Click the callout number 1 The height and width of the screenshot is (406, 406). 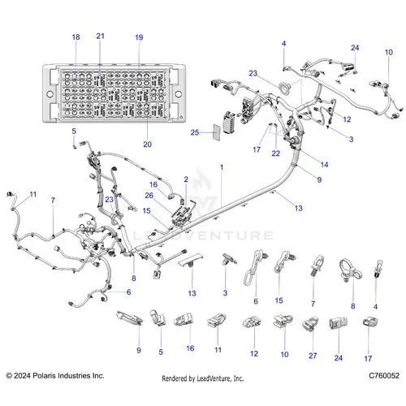coord(222,167)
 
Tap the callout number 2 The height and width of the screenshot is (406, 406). coord(186,179)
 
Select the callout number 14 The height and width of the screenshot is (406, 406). coord(324,165)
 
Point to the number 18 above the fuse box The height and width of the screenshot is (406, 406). coord(76,37)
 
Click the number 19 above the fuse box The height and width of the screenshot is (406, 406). coord(139,37)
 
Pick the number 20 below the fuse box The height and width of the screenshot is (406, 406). coord(147,145)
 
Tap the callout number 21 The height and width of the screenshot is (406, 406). coord(101,36)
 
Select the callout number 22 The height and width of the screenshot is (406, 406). coord(276,153)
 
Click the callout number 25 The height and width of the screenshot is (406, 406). coord(195,132)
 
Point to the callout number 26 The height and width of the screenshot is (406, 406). coord(149,196)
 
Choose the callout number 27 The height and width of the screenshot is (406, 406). coord(313,356)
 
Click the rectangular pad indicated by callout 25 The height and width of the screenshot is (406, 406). coord(217,132)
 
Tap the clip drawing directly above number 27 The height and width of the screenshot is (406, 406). coord(310,323)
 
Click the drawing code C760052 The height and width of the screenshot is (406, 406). coord(384,375)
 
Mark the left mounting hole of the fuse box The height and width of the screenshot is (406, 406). coord(50,94)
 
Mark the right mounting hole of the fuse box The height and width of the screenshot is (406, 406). coord(179,94)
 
